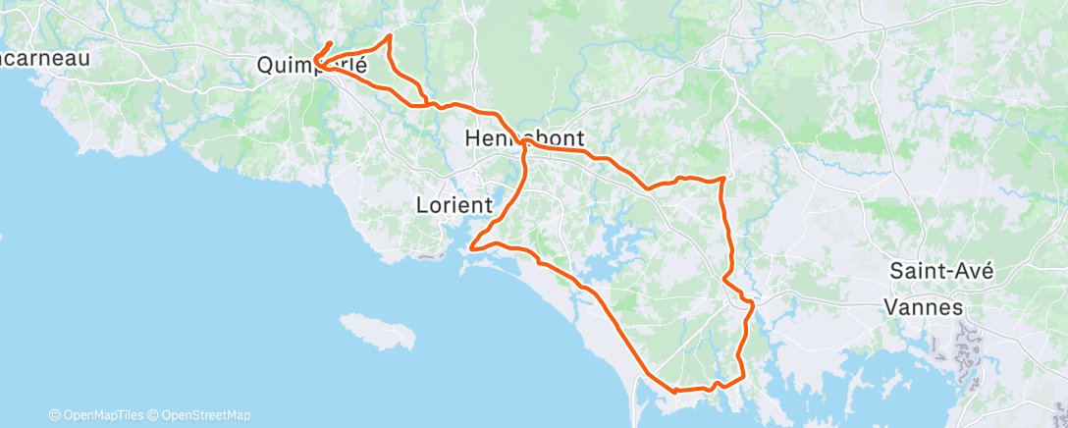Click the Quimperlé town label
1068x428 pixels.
tap(311, 67)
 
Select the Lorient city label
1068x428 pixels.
tap(454, 205)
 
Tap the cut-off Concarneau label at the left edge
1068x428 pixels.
tap(45, 58)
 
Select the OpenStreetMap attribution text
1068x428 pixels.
tap(205, 415)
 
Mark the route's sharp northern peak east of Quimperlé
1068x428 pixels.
tap(391, 35)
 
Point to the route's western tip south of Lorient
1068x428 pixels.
tap(472, 248)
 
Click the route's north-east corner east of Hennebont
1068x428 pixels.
tap(724, 178)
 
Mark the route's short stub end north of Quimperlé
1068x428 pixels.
tap(330, 42)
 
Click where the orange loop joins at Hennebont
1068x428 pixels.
tap(526, 143)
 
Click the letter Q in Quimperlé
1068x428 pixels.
tap(266, 67)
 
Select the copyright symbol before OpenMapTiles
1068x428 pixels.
tap(55, 415)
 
